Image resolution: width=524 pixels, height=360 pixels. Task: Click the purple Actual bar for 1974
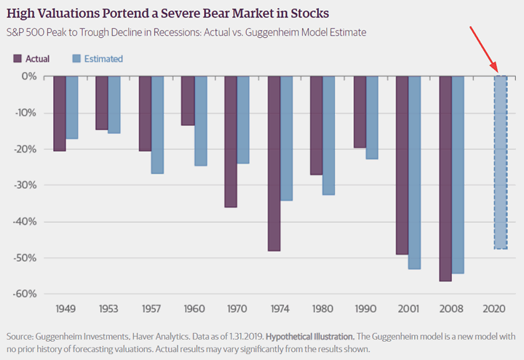[x=274, y=164]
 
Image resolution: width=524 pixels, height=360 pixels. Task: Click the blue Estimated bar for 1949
[x=72, y=107]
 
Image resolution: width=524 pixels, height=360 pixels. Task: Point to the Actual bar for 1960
[x=188, y=100]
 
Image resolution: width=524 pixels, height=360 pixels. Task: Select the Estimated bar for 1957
[x=158, y=124]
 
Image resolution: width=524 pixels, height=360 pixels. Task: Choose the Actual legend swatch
[x=19, y=59]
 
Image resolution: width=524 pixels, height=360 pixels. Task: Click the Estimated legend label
[x=103, y=59]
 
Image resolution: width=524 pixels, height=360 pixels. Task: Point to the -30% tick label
[x=27, y=185]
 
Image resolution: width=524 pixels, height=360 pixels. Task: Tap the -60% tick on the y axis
[x=27, y=294]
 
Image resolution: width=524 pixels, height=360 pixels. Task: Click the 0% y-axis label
[x=30, y=76]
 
